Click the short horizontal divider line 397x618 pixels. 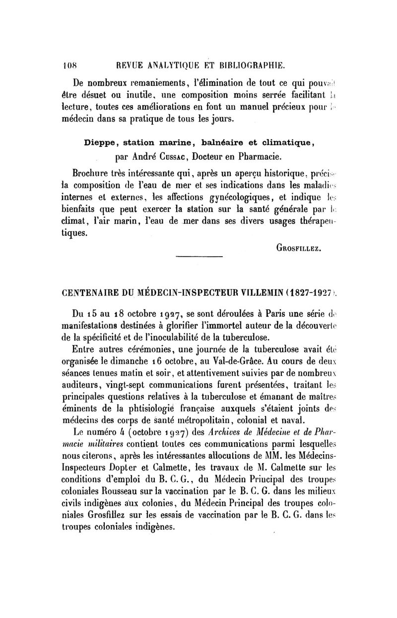pyautogui.click(x=199, y=256)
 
